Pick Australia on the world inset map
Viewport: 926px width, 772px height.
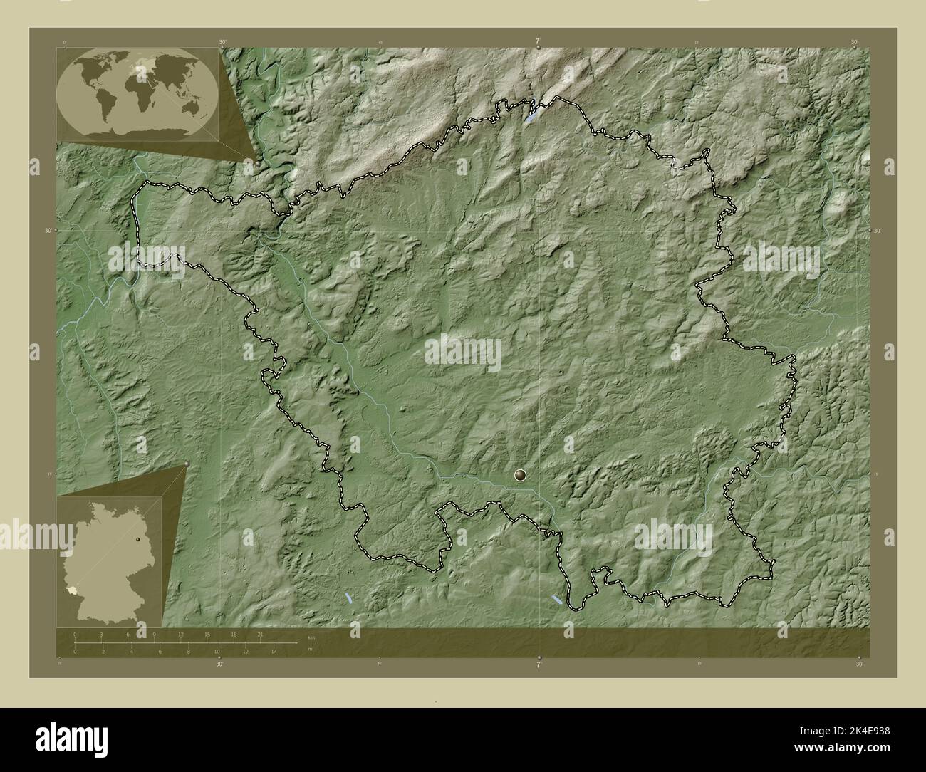[190, 107]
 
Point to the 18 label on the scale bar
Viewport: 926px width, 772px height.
[234, 634]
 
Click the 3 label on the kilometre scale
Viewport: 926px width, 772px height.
[102, 634]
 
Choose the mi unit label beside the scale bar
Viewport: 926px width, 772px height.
[310, 649]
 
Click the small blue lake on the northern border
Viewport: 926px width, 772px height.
[531, 114]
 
